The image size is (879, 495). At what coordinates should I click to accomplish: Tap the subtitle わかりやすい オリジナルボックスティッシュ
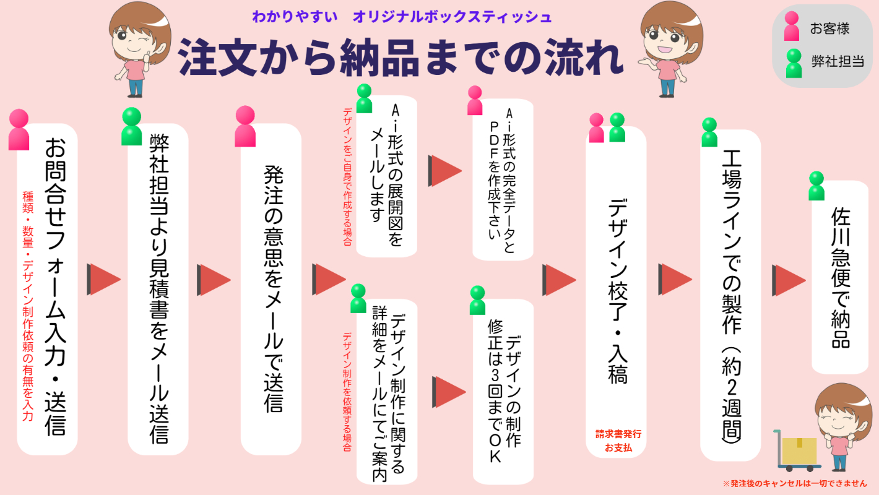click(402, 17)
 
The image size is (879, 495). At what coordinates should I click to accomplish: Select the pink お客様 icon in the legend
click(792, 27)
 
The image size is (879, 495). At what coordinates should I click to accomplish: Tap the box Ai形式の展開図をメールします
click(387, 176)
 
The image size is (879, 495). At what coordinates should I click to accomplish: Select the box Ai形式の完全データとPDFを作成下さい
click(503, 179)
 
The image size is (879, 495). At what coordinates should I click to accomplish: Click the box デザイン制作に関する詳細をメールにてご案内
click(387, 390)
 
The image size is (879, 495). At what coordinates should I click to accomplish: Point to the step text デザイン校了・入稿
click(617, 291)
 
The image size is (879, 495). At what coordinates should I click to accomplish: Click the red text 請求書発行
click(618, 434)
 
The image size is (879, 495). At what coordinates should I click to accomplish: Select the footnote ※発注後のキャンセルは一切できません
click(794, 483)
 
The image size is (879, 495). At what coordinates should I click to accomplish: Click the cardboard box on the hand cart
click(799, 450)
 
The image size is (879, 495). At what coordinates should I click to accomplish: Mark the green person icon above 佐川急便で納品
click(816, 186)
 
